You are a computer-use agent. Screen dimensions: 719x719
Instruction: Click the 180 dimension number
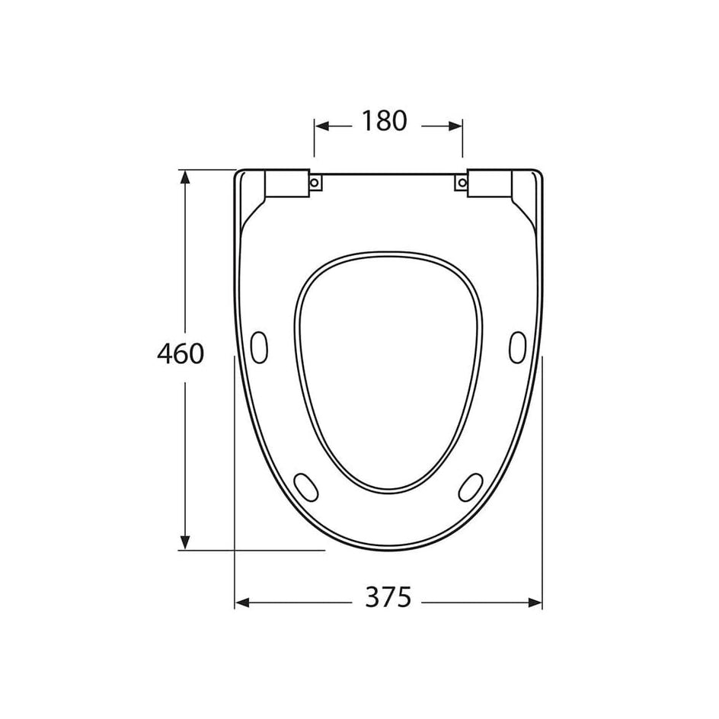tap(385, 121)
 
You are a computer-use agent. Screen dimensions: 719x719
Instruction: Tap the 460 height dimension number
tap(181, 353)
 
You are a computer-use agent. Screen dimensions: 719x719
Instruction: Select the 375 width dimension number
tap(388, 597)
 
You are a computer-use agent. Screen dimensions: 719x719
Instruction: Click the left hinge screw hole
tap(315, 183)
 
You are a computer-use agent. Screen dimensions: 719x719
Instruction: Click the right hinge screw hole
tap(462, 183)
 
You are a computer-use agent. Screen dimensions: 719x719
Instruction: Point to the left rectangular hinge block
tap(286, 184)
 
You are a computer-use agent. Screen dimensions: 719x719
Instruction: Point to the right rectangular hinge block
tap(489, 184)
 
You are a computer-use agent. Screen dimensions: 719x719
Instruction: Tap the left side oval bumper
tap(259, 347)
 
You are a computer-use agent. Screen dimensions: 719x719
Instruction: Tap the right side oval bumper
tap(518, 347)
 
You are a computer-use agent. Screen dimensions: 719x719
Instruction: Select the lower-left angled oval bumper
tap(305, 487)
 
